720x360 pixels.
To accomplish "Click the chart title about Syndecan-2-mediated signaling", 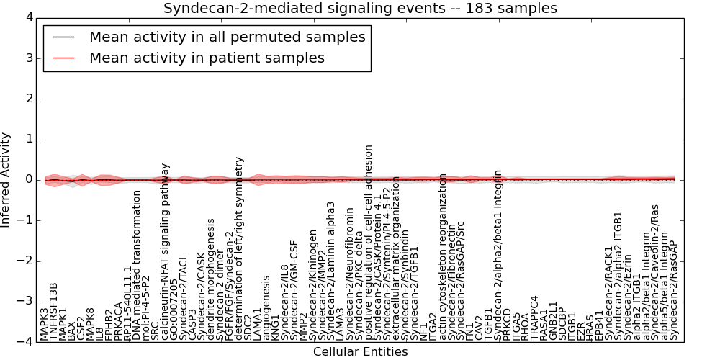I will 360,9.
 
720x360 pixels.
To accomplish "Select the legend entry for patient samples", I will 207,58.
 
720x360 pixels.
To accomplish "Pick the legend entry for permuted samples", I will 227,37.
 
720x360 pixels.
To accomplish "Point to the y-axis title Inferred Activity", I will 6,180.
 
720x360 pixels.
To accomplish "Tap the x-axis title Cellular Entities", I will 360,352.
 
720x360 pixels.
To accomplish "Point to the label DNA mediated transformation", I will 137,275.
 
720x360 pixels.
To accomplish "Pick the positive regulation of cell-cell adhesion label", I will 369,242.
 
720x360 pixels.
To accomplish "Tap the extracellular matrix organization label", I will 396,258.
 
